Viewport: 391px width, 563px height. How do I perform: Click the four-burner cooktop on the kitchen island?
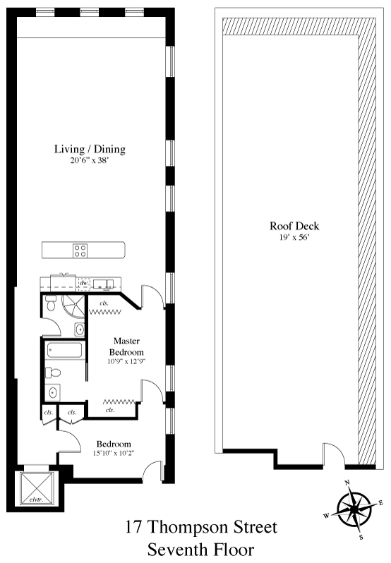(x=80, y=250)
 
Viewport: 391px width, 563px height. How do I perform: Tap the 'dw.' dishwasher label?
(x=84, y=283)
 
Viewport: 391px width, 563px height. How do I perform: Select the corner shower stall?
(x=73, y=307)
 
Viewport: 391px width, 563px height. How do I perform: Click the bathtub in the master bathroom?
(x=65, y=350)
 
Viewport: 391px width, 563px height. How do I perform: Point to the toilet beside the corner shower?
(x=50, y=303)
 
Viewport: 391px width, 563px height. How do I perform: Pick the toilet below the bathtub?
(x=53, y=373)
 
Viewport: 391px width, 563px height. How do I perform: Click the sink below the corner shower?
(x=80, y=329)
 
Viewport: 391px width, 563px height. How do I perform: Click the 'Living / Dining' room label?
(x=90, y=149)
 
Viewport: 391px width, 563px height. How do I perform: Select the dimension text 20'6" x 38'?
(x=90, y=160)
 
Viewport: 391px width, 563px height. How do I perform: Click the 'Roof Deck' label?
(x=294, y=226)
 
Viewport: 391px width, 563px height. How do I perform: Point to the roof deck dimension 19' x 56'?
(x=294, y=237)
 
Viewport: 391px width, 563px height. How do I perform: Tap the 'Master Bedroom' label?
(x=126, y=346)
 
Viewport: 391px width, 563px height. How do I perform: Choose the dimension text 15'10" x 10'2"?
(x=113, y=453)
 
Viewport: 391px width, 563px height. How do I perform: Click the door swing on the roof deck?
(x=333, y=454)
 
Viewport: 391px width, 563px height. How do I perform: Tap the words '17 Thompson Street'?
(x=201, y=527)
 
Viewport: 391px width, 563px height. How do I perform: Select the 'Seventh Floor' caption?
(x=201, y=550)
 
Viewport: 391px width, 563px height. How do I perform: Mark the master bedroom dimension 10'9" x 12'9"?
(x=126, y=361)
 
